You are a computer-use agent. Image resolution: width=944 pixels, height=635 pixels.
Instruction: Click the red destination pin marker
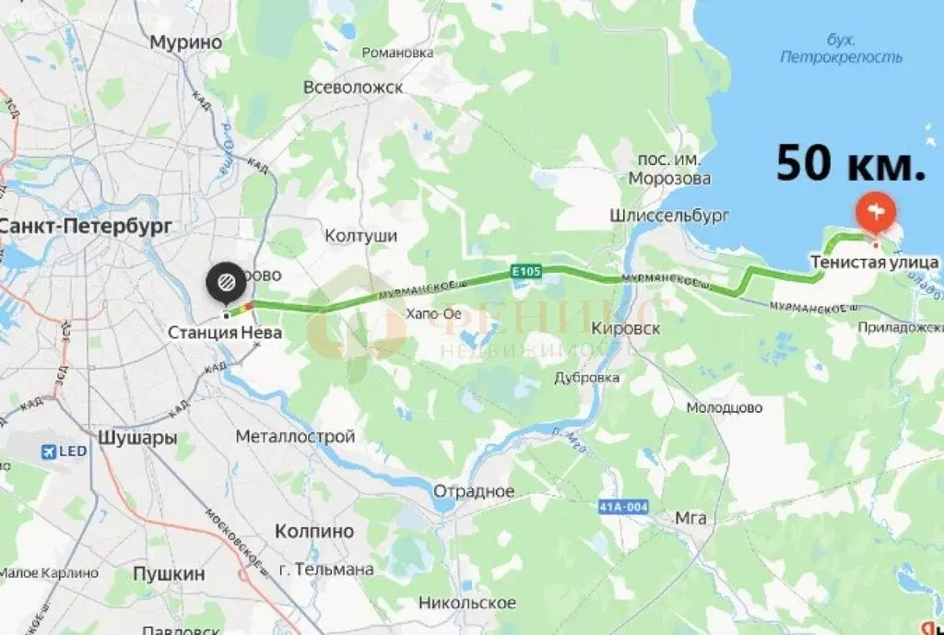pyautogui.click(x=873, y=214)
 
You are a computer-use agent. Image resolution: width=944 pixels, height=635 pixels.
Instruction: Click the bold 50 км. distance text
pyautogui.click(x=850, y=163)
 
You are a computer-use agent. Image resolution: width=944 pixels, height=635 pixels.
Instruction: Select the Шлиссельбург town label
pyautogui.click(x=668, y=216)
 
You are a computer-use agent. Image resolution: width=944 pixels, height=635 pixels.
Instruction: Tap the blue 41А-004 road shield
pyautogui.click(x=624, y=507)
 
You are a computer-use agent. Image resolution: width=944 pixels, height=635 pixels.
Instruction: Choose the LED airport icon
pyautogui.click(x=50, y=452)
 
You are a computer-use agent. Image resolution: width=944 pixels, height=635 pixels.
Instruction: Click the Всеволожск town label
pyautogui.click(x=353, y=88)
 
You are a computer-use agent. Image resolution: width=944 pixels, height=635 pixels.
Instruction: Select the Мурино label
pyautogui.click(x=186, y=42)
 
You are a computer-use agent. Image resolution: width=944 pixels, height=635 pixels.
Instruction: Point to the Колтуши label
pyautogui.click(x=360, y=236)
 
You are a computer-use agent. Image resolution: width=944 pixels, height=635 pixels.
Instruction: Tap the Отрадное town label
pyautogui.click(x=474, y=491)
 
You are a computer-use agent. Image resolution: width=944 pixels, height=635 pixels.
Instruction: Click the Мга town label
pyautogui.click(x=690, y=518)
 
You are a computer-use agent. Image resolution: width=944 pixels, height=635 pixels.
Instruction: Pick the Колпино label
pyautogui.click(x=314, y=531)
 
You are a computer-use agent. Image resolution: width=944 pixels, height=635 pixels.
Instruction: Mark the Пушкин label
pyautogui.click(x=169, y=573)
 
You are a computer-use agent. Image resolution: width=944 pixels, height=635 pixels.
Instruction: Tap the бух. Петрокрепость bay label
pyautogui.click(x=842, y=49)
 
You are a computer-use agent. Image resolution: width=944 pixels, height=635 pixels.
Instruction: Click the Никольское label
pyautogui.click(x=466, y=603)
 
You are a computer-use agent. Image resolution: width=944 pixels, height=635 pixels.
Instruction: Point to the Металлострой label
pyautogui.click(x=295, y=436)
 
